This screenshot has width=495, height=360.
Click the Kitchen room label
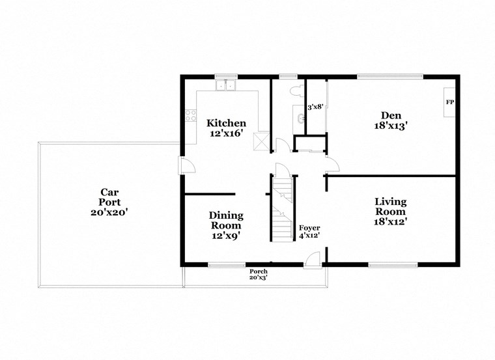[226, 123]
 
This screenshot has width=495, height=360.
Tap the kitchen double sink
[226, 85]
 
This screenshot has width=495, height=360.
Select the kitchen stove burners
[191, 116]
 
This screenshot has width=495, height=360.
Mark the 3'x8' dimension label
[316, 107]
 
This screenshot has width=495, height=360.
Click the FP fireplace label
[449, 103]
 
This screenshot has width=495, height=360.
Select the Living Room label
[390, 206]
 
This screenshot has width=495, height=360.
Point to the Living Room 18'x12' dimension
[390, 222]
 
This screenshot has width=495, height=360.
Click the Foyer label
[309, 228]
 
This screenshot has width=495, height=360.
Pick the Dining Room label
[226, 220]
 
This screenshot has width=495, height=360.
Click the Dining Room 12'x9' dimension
[226, 236]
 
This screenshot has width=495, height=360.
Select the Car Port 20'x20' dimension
[109, 212]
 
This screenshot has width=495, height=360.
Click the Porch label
[258, 271]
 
